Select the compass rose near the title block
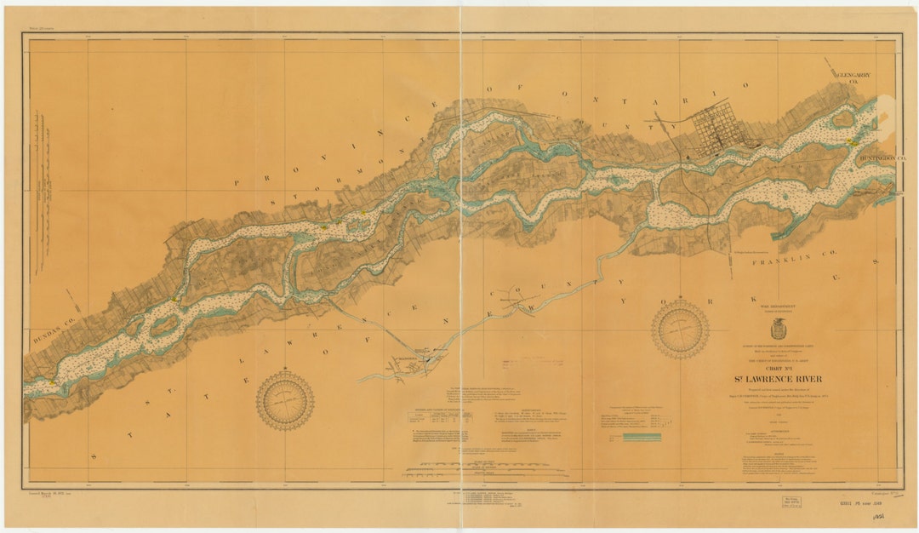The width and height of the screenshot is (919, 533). click(680, 329)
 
